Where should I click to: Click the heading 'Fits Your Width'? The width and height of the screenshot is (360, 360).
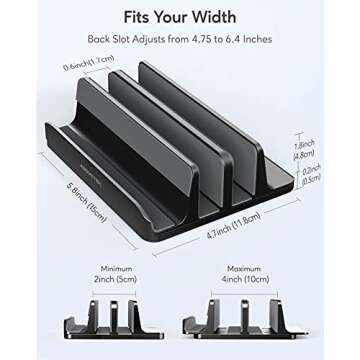tap(179, 17)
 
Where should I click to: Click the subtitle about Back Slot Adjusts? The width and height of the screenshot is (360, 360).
tap(179, 42)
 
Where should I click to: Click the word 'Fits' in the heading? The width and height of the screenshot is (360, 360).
tap(138, 17)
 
